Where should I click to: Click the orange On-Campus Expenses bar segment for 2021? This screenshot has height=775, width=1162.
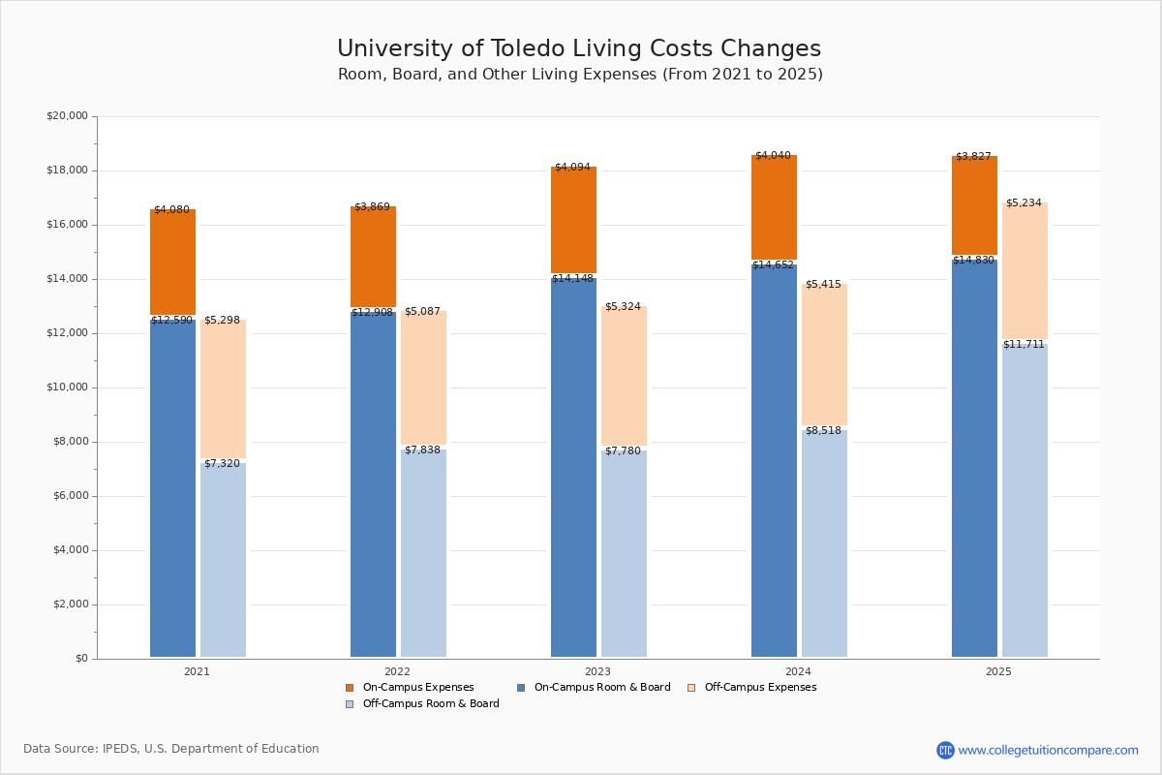coord(172,262)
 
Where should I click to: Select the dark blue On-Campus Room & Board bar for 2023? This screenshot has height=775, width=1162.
coord(573,465)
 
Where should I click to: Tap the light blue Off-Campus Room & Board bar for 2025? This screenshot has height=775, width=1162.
coord(1024,499)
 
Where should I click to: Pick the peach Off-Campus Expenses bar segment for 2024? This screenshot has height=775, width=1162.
coord(824,354)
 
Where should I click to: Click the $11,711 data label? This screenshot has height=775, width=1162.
coord(1024,344)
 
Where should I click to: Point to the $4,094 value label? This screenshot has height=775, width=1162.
coord(572,167)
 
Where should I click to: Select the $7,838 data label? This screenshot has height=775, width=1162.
coord(422,449)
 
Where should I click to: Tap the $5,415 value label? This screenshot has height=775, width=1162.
coord(823,284)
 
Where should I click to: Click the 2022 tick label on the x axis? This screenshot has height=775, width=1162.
coord(397,671)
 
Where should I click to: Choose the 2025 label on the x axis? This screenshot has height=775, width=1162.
coord(998,671)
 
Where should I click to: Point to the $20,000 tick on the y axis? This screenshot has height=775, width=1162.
coord(67,116)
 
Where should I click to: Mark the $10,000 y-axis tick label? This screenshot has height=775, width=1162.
coord(67,387)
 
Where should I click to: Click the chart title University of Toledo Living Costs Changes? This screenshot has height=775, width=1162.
coord(579,49)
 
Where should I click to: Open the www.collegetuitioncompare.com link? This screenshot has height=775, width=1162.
coord(1048,750)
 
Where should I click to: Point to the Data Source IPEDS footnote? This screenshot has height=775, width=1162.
coord(171,749)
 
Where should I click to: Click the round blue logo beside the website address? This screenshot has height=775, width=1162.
coord(945,750)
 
